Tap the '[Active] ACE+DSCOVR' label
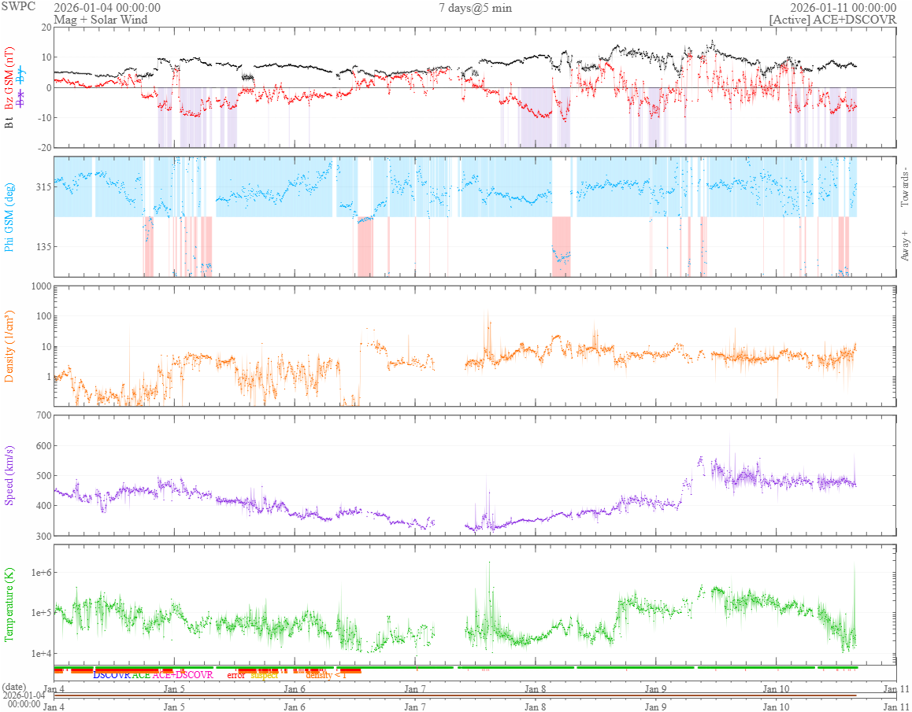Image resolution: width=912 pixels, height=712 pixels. click(832, 20)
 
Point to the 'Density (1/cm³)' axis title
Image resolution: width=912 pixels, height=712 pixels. click(9, 346)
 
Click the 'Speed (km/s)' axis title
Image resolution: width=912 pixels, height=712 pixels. click(9, 476)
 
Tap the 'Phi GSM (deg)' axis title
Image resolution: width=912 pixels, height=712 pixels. click(9, 216)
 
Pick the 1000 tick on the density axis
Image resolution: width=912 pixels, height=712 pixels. click(39, 286)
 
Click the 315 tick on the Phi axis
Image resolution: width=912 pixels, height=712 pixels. click(42, 187)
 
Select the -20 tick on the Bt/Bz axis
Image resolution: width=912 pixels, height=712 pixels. click(42, 148)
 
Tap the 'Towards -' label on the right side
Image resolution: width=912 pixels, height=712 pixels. click(904, 187)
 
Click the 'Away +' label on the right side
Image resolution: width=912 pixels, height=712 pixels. click(904, 245)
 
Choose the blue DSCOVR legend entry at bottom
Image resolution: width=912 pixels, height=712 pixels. click(112, 675)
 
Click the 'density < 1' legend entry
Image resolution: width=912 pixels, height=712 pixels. click(325, 675)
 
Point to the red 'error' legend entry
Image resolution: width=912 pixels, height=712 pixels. click(236, 675)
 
